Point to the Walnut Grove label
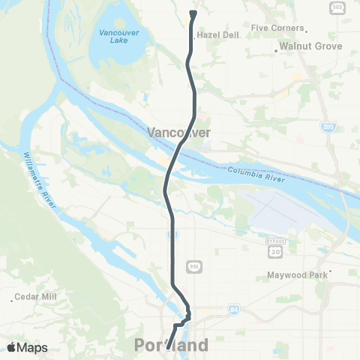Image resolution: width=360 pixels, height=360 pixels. (x=310, y=46)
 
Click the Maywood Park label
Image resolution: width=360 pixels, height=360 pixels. (x=297, y=275)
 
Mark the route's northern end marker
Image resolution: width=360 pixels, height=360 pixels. (x=193, y=13)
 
